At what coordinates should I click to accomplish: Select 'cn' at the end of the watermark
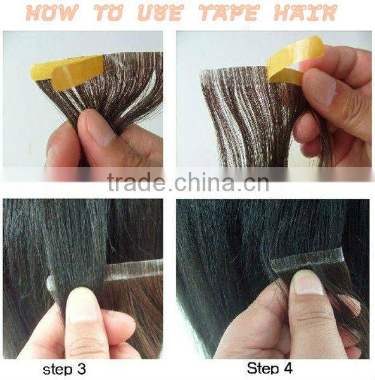pyautogui.click(x=256, y=184)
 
